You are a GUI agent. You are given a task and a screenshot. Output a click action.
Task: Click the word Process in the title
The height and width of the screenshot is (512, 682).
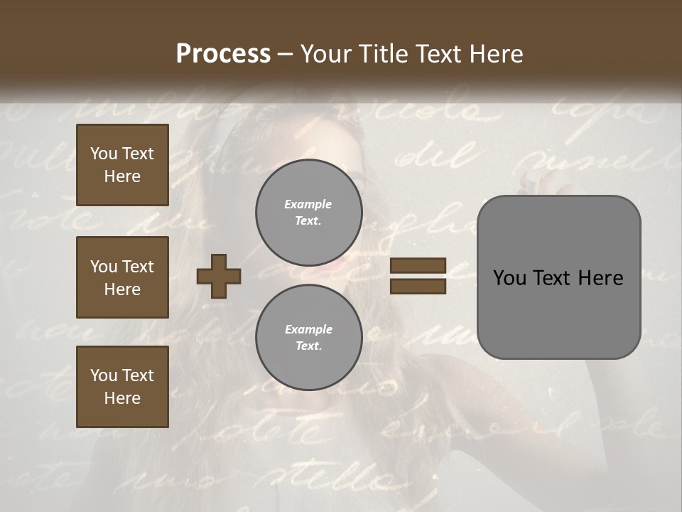coord(223,54)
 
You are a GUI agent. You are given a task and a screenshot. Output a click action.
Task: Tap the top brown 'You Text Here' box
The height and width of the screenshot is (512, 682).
coord(122,165)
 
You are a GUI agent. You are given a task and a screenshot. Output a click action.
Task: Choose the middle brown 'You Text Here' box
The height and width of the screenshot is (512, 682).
coord(122,277)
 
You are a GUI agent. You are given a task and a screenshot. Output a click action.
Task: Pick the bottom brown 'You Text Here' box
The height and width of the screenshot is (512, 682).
coord(122,387)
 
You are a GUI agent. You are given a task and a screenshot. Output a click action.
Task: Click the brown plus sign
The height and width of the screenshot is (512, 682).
coord(219,276)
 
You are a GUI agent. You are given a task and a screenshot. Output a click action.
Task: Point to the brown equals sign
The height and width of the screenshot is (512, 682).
coord(418,276)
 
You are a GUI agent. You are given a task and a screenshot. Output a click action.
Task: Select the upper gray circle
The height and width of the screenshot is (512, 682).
coord(309,213)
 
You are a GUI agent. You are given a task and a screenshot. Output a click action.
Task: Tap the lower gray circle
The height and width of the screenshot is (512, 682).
coord(309,338)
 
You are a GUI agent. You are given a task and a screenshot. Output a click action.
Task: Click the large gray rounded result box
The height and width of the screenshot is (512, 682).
coord(559,277)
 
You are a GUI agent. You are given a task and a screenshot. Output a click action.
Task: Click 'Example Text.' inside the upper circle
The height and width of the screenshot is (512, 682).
coord(308,213)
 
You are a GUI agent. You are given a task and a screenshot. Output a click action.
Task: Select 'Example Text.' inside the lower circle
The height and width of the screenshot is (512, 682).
coord(309,338)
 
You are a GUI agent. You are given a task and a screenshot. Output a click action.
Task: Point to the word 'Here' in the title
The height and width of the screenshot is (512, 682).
coord(497,54)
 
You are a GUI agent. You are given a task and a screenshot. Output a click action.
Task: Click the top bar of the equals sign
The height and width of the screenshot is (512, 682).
coord(418,265)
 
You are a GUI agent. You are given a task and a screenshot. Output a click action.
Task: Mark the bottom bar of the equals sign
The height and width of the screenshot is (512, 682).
coord(418,286)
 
